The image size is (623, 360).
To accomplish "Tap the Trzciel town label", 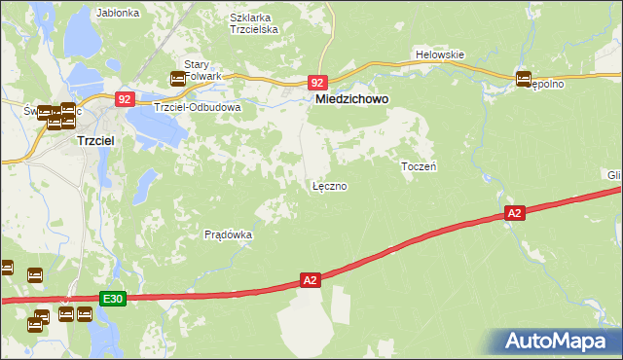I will click(97, 140).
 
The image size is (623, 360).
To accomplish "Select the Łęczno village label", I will click(329, 185).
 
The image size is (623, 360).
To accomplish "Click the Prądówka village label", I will click(229, 234).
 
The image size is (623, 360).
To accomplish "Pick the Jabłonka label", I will click(119, 14).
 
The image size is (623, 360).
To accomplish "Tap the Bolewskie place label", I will click(439, 54).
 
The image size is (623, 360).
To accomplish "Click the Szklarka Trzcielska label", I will click(254, 23).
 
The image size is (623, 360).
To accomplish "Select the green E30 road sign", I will click(112, 299).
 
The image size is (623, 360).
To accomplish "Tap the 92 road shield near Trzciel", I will click(124, 99).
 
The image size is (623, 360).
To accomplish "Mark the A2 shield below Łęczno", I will click(310, 280).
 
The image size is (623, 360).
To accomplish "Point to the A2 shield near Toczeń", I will click(515, 212).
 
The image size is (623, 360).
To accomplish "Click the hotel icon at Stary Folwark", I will click(178, 79).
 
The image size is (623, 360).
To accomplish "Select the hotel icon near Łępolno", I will click(523, 79).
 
